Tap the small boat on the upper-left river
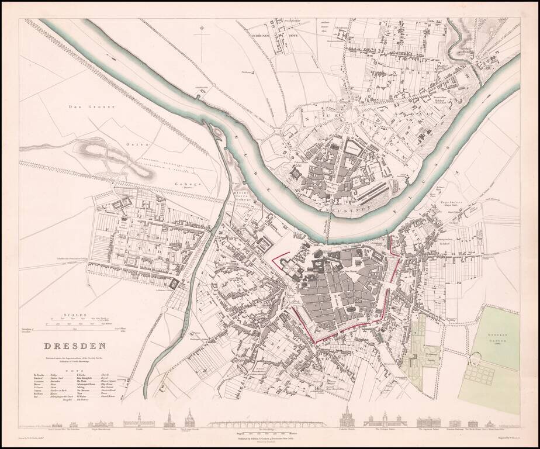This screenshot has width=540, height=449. pos(110,57)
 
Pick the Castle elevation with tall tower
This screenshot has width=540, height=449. pos(138,422)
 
